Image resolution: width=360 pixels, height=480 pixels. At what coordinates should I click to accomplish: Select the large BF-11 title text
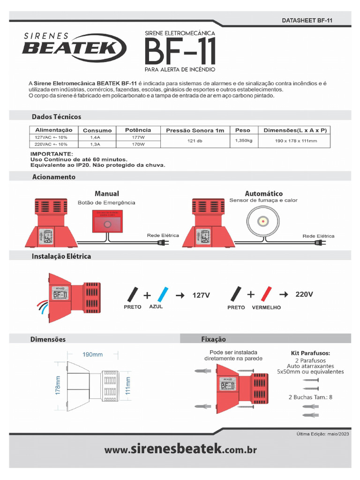(x=180, y=52)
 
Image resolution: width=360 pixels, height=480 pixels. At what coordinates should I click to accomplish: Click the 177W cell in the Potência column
(x=138, y=137)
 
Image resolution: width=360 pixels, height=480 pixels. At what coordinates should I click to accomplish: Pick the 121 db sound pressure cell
(x=195, y=141)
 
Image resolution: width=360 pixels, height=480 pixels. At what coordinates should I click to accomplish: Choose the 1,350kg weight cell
(x=243, y=141)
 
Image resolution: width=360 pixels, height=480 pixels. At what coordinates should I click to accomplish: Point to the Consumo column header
(x=97, y=130)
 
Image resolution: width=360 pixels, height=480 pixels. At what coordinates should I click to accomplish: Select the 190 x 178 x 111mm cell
(x=295, y=141)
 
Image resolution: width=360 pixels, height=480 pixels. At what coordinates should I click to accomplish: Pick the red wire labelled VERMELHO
(x=266, y=294)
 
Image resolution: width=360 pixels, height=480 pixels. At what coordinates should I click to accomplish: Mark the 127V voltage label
(x=201, y=295)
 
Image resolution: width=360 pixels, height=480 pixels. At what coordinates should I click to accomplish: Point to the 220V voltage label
(x=304, y=294)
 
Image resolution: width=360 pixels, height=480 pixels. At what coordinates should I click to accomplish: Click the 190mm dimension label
(x=92, y=354)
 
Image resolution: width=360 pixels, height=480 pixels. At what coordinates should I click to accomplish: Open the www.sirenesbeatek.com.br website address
(x=180, y=450)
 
